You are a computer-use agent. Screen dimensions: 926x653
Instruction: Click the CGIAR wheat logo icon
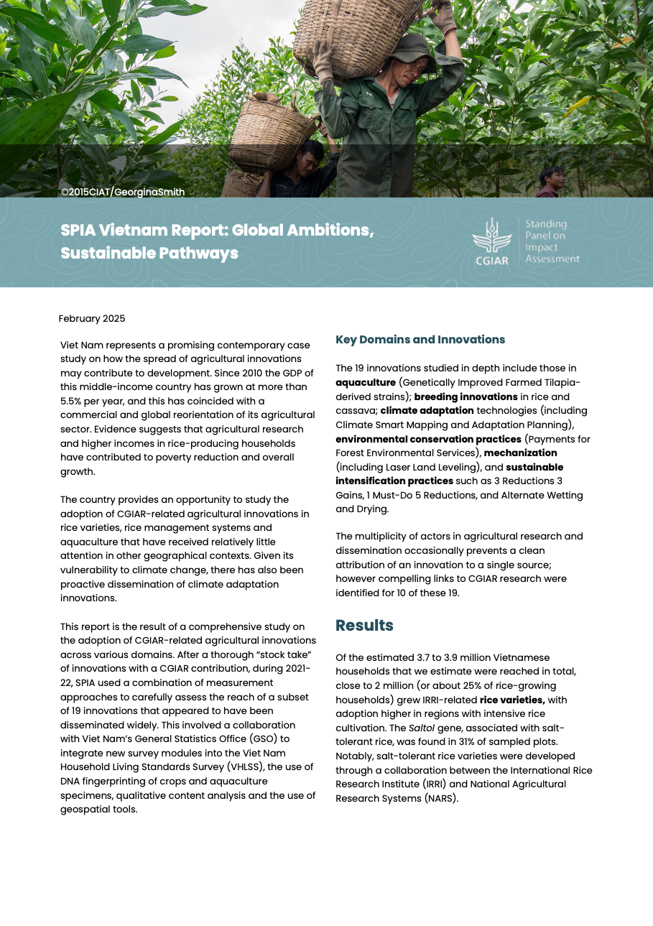(491, 236)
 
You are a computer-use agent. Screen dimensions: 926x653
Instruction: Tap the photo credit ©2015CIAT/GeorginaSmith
(123, 192)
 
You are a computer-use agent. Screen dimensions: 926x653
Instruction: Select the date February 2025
(92, 318)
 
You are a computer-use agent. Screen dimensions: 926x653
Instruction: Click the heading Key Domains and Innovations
(420, 340)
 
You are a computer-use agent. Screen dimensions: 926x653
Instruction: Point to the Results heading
(364, 625)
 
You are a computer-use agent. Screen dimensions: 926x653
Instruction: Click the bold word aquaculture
(366, 382)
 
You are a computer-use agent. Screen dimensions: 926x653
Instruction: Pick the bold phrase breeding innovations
(466, 397)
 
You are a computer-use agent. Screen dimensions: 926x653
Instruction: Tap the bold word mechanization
(520, 453)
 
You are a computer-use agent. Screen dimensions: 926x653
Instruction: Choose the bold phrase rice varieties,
(512, 700)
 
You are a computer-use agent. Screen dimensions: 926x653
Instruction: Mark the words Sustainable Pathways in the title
(149, 254)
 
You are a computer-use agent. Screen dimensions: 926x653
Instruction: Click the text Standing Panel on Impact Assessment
(552, 241)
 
